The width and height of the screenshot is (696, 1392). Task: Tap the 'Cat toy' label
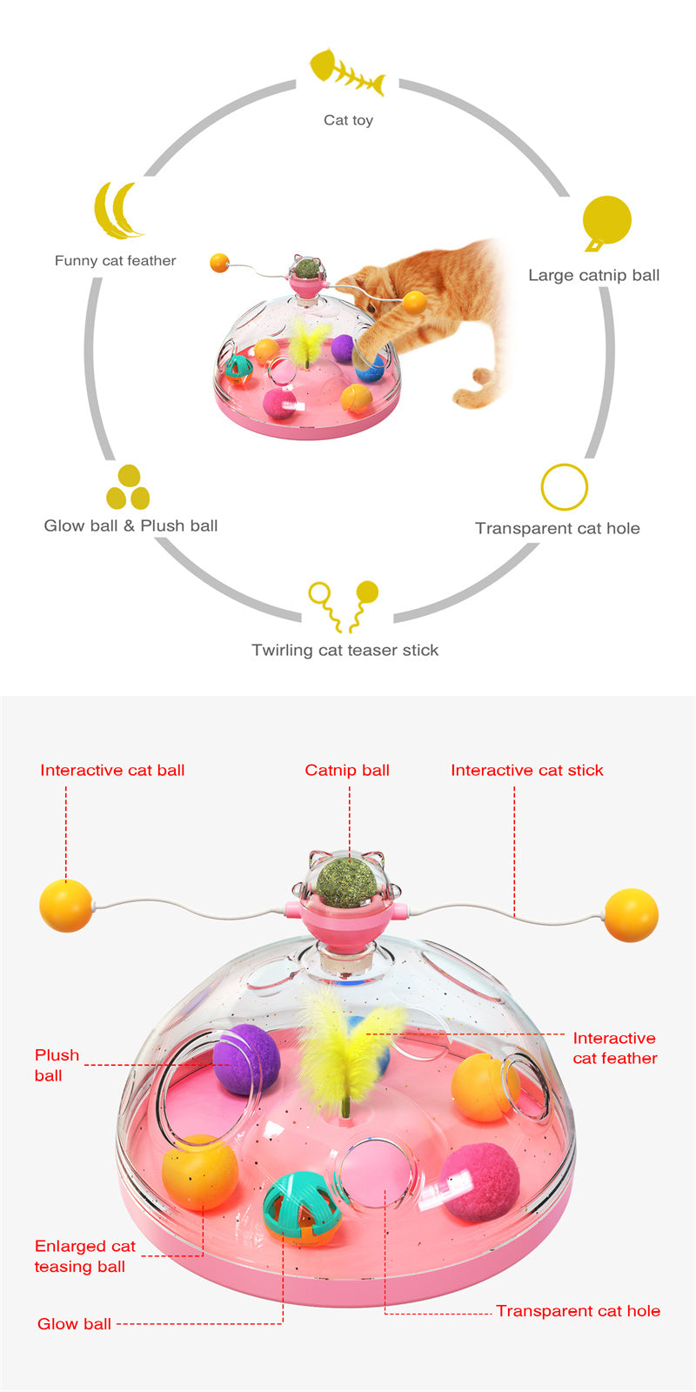point(348,120)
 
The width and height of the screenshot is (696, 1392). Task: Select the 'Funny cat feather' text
point(115,260)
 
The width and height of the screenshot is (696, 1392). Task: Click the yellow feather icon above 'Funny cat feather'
point(118,210)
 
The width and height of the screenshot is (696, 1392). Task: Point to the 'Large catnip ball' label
point(594,275)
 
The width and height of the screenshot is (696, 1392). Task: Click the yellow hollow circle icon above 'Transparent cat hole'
point(565,487)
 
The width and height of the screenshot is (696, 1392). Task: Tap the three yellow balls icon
point(128,487)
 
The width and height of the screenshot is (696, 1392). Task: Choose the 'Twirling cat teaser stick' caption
point(345,650)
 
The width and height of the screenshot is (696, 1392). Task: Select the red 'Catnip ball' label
point(347,770)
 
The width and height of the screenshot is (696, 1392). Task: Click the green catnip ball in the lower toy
point(347,880)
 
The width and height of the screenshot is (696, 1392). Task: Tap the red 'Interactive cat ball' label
point(112,770)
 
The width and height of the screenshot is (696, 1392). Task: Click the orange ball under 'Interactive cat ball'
point(66,906)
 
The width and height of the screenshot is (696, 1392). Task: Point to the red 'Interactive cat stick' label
point(527,770)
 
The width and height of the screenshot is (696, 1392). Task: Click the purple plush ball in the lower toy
point(247,1059)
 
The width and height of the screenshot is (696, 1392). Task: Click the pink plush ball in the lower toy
point(479,1182)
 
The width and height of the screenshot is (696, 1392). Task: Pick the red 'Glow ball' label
point(74,1324)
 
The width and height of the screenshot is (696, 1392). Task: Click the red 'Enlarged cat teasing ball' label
point(84,1256)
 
